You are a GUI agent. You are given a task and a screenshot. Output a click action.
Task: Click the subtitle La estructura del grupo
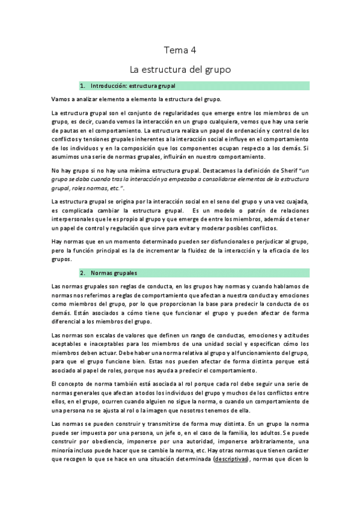pos(180,69)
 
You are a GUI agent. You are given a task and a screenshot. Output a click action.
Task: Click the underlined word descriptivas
pos(231,458)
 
